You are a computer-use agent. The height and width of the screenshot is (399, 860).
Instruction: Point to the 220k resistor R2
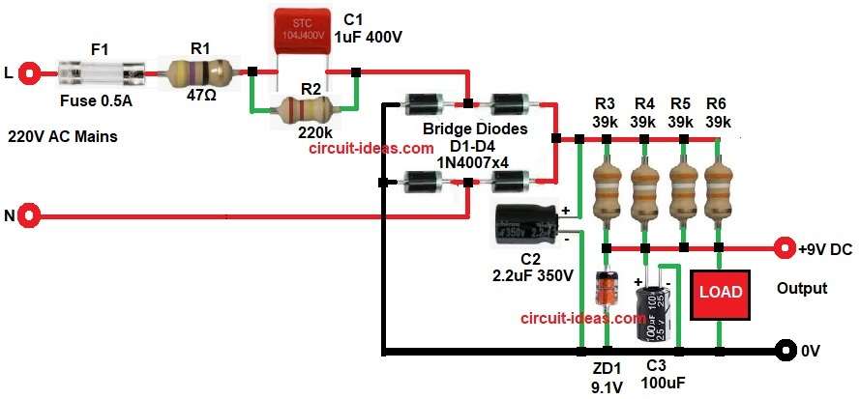[305, 108]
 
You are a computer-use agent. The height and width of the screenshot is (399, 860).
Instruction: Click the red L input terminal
[29, 72]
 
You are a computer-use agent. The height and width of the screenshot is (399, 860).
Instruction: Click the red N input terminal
[29, 215]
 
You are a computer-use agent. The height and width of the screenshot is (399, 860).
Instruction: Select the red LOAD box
[719, 291]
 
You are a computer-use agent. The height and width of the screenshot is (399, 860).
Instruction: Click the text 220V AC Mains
[64, 137]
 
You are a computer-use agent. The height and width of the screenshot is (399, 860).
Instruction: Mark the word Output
[802, 288]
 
